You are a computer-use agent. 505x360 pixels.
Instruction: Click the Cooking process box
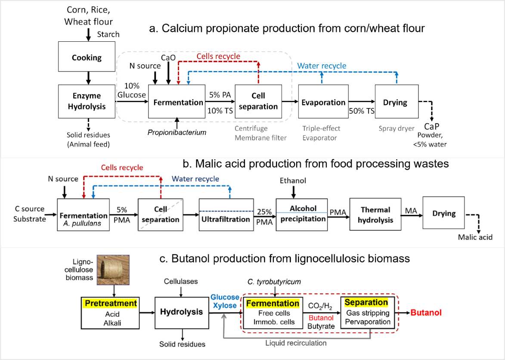(x=87, y=57)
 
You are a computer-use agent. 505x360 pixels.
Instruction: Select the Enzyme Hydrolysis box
(x=87, y=102)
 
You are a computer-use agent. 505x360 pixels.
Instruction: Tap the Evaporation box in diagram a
(x=323, y=102)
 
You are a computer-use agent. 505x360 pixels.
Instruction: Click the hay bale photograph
(x=113, y=270)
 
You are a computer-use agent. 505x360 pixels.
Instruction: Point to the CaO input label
(x=168, y=58)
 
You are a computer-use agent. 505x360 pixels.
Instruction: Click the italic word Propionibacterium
(x=177, y=132)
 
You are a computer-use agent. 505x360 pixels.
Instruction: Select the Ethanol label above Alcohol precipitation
(x=293, y=180)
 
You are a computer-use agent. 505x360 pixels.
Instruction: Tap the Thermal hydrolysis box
(x=375, y=214)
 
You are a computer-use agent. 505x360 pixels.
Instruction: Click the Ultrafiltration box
(x=226, y=215)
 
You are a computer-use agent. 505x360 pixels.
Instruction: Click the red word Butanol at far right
(x=426, y=313)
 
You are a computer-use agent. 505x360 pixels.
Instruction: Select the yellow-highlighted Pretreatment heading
(x=111, y=303)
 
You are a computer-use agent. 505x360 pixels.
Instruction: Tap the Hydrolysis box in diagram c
(x=182, y=313)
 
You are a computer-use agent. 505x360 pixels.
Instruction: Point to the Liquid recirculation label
(x=296, y=343)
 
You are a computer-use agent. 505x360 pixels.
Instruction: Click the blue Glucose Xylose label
(x=225, y=301)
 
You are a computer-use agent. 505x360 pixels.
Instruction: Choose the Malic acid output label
(x=475, y=237)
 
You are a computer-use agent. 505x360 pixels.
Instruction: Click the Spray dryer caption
(x=397, y=128)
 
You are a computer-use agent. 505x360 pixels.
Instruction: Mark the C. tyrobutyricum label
(x=274, y=282)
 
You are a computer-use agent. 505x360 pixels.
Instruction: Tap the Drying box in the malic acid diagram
(x=444, y=213)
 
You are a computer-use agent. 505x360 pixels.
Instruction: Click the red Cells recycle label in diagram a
(x=218, y=56)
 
